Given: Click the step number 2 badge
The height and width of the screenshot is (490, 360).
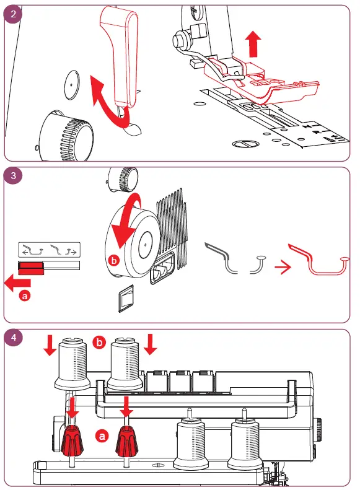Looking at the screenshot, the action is [13, 14].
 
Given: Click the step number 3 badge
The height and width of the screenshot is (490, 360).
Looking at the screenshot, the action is [13, 175].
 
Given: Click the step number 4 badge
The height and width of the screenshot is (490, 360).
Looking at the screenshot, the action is [13, 338].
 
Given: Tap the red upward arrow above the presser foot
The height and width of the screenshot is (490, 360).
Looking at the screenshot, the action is [253, 44].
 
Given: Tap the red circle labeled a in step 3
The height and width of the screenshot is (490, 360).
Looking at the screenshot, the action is [25, 295].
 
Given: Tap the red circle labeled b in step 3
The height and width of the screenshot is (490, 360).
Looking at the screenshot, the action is [114, 260].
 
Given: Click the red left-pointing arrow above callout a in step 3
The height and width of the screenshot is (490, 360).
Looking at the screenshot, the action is [17, 283].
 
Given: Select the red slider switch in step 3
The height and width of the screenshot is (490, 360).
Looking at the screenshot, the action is [31, 268].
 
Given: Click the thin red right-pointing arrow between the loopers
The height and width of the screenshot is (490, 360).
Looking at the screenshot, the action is [283, 267].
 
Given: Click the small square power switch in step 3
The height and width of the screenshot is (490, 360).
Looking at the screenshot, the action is [126, 298].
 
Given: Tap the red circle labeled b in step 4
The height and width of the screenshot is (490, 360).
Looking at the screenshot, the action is [99, 343].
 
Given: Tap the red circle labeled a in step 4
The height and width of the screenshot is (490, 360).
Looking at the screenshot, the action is [102, 435].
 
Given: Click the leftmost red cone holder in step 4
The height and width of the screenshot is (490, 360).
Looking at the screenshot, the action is [72, 440].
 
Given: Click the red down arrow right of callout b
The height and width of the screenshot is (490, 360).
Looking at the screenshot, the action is [151, 344].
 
